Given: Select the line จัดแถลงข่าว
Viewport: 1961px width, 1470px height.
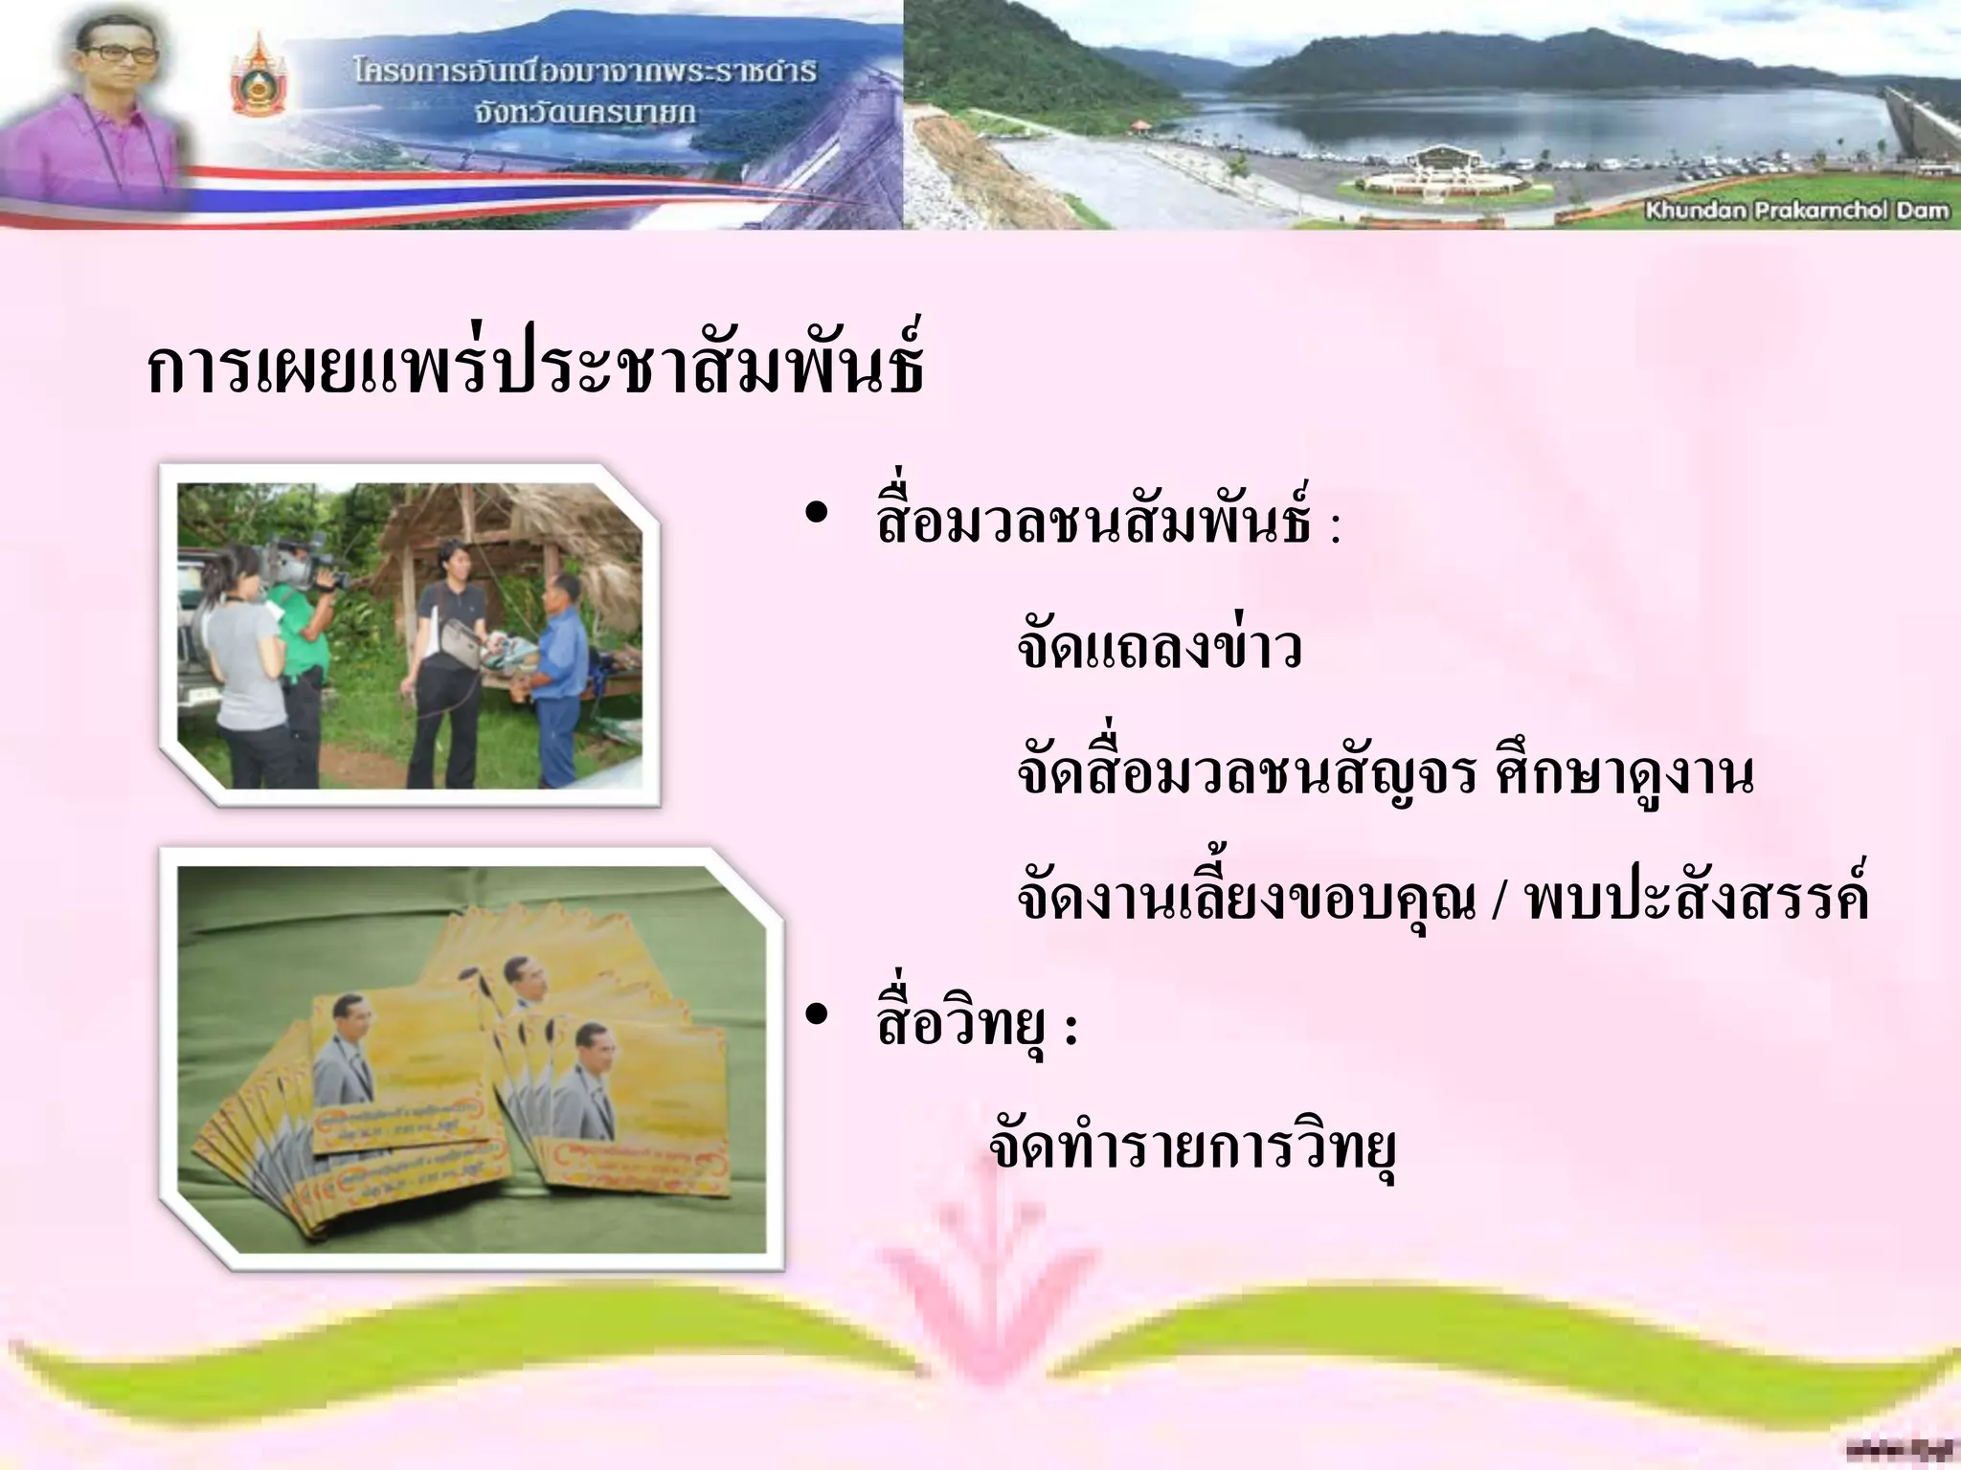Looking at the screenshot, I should pos(1160,649).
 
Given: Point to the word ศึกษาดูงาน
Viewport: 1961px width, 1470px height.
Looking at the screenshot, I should pos(1623,775).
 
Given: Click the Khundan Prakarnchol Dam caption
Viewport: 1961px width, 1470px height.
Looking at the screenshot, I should pos(1796,211).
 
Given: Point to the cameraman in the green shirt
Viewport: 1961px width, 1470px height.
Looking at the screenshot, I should pos(304,660).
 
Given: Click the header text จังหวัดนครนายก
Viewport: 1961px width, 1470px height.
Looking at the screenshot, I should pos(584,113).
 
